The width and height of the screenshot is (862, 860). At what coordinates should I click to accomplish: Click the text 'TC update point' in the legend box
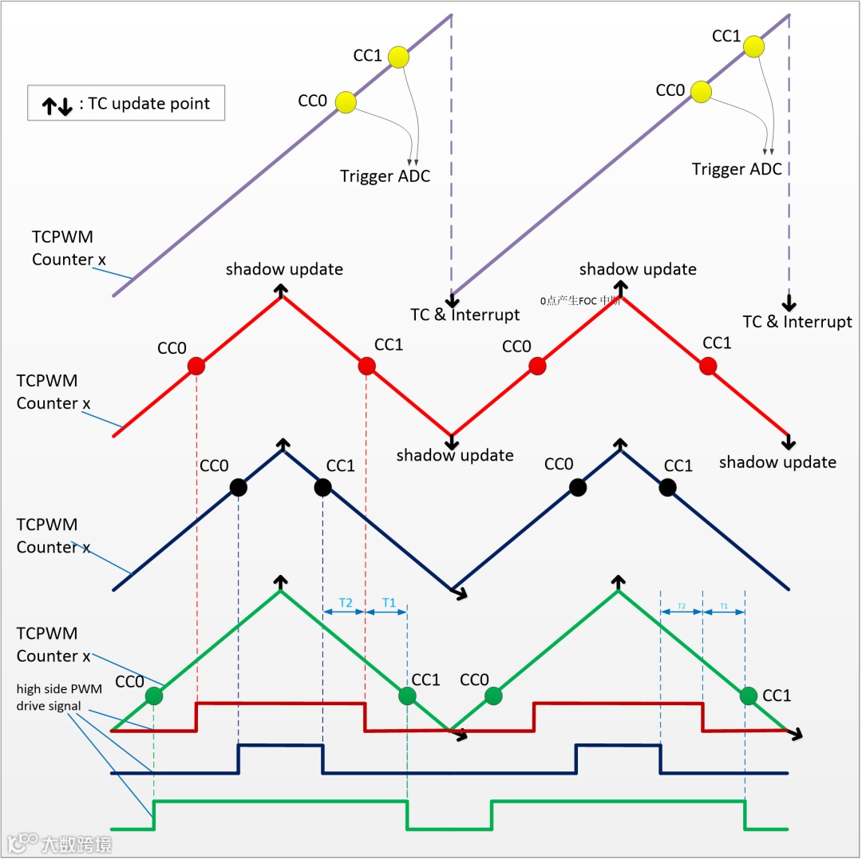point(149,103)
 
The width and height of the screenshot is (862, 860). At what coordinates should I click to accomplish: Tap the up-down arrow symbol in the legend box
point(57,105)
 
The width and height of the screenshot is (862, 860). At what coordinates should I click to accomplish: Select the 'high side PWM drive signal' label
point(59,696)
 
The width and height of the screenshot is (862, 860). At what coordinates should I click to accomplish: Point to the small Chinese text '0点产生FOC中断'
point(580,301)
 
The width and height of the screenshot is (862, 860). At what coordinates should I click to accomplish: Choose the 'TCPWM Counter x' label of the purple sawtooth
point(62,248)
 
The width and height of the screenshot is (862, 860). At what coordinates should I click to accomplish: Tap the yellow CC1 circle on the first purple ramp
point(397,57)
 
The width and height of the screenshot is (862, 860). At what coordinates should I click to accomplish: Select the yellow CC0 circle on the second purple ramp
point(700,92)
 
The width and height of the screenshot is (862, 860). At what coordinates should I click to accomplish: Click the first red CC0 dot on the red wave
point(196,367)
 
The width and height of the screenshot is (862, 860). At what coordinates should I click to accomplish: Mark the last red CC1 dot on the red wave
point(707,366)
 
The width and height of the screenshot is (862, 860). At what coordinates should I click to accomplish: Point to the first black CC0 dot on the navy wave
point(238,487)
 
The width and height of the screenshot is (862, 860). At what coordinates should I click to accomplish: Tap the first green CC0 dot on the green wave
point(153,696)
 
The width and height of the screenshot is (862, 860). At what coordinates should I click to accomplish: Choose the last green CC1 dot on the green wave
point(749,696)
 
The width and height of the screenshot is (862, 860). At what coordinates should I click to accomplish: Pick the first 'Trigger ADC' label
point(385,176)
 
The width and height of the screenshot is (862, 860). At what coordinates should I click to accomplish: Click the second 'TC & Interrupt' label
point(797,322)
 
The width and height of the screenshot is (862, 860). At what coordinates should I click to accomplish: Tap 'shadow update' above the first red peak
point(284,269)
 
